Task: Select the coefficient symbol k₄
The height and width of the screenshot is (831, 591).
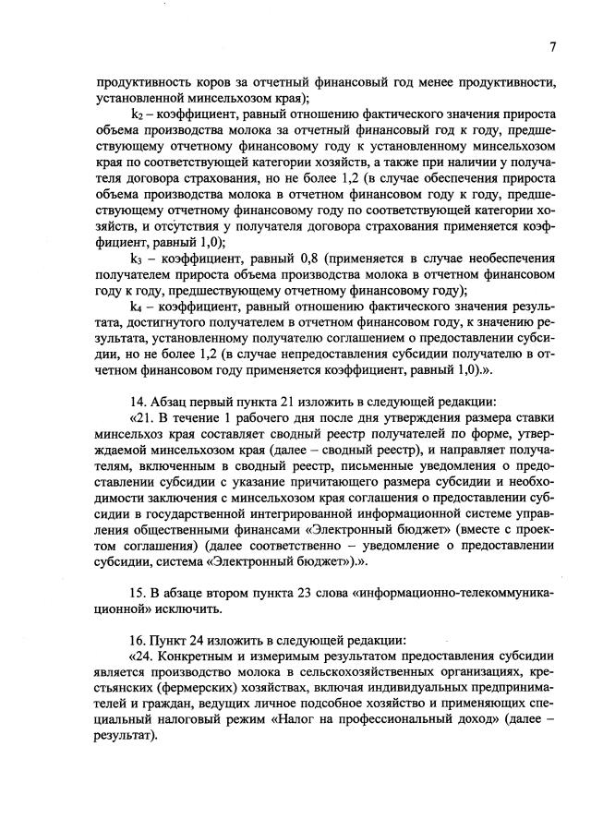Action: click(x=139, y=319)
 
